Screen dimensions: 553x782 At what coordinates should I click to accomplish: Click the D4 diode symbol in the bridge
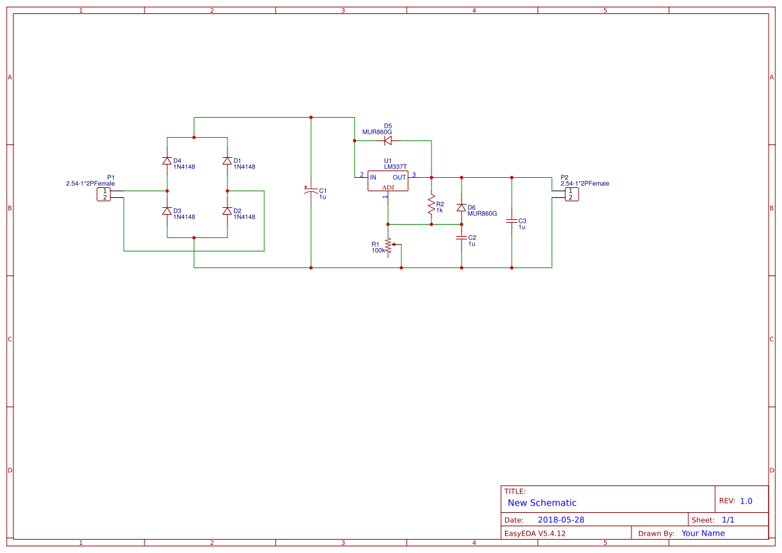[x=167, y=160]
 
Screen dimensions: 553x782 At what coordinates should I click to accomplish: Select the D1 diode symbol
[x=227, y=160]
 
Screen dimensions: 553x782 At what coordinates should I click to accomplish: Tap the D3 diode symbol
[x=167, y=211]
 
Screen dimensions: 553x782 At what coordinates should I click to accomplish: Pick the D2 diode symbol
[x=227, y=211]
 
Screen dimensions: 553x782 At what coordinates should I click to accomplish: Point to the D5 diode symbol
[x=387, y=140]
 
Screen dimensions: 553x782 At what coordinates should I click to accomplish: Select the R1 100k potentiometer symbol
[x=388, y=245]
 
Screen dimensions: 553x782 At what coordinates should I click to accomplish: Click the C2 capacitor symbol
[x=461, y=237]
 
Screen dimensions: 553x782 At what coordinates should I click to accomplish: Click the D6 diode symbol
[x=461, y=207]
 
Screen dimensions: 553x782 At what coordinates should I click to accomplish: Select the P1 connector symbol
[x=104, y=194]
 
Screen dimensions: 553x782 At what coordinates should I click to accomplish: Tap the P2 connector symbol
[x=571, y=194]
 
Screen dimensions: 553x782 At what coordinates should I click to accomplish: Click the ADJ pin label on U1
[x=388, y=187]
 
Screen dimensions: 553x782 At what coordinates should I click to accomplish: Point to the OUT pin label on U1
[x=399, y=177]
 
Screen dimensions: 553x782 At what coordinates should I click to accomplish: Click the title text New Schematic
[x=542, y=503]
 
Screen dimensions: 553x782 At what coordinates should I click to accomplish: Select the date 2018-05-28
[x=561, y=520]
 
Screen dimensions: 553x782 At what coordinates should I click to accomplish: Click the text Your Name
[x=702, y=533]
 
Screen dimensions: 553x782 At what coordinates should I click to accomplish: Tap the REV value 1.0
[x=746, y=501]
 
